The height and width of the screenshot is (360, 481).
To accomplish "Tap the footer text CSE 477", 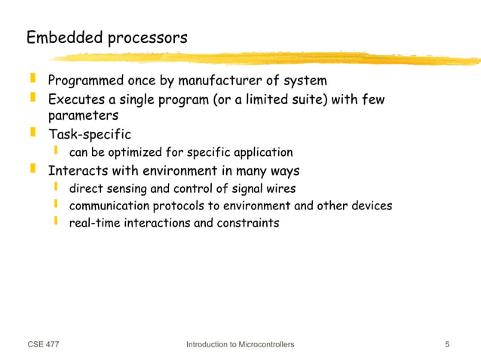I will pyautogui.click(x=43, y=345).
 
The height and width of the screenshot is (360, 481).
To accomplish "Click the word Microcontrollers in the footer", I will pyautogui.click(x=262, y=345).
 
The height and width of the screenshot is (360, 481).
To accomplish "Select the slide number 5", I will pyautogui.click(x=448, y=345).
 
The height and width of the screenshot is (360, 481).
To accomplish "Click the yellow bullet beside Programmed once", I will pyautogui.click(x=32, y=78).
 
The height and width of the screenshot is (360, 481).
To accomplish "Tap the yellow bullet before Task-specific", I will pyautogui.click(x=32, y=133).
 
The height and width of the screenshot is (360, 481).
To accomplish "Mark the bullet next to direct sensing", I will pyautogui.click(x=55, y=186).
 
